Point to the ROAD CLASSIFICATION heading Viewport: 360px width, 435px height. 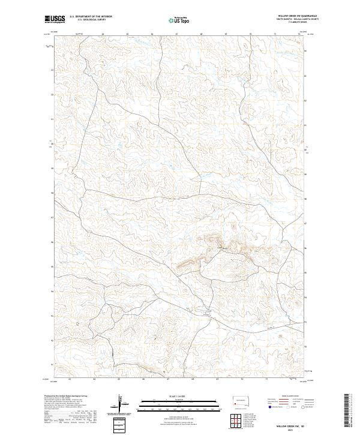(x=290, y=397)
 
